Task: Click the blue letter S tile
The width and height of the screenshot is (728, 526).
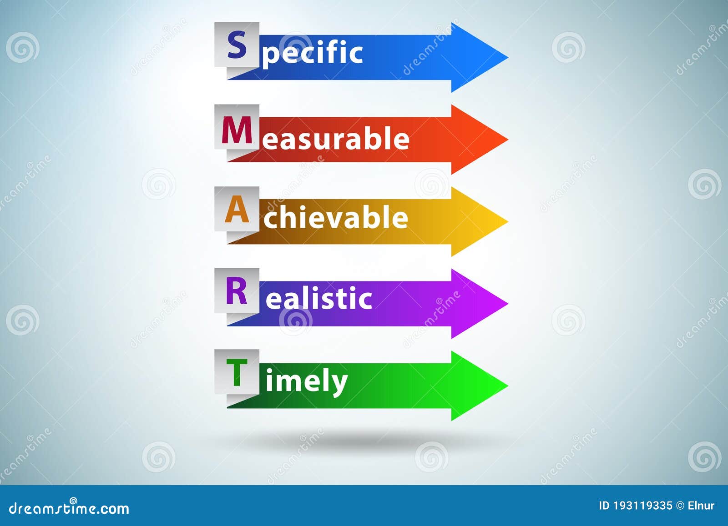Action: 237,45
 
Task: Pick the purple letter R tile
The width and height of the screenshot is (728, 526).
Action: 237,291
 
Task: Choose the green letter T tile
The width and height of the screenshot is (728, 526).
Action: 237,372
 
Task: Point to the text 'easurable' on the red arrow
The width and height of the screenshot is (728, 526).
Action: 336,139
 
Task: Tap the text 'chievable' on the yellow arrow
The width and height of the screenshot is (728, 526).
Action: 336,218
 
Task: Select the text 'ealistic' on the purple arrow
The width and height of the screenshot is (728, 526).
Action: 318,299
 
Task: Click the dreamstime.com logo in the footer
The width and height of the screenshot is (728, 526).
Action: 69,508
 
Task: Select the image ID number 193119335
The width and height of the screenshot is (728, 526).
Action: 642,506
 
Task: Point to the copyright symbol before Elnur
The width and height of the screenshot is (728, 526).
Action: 680,506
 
